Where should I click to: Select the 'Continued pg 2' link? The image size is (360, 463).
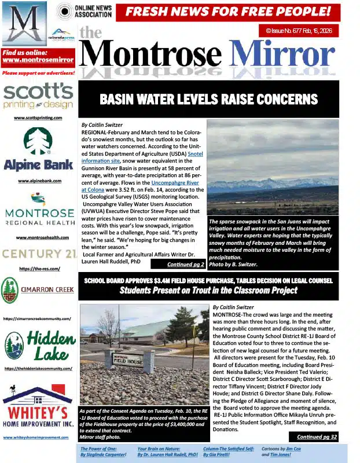pyautogui.click(x=185, y=264)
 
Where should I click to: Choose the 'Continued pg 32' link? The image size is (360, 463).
pyautogui.click(x=317, y=437)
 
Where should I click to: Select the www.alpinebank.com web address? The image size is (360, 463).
pyautogui.click(x=38, y=181)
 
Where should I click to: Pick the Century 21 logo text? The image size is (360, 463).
pyautogui.click(x=38, y=253)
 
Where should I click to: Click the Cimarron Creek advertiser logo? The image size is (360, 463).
pyautogui.click(x=38, y=291)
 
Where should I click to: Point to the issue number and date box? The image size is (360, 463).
pyautogui.click(x=299, y=31)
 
